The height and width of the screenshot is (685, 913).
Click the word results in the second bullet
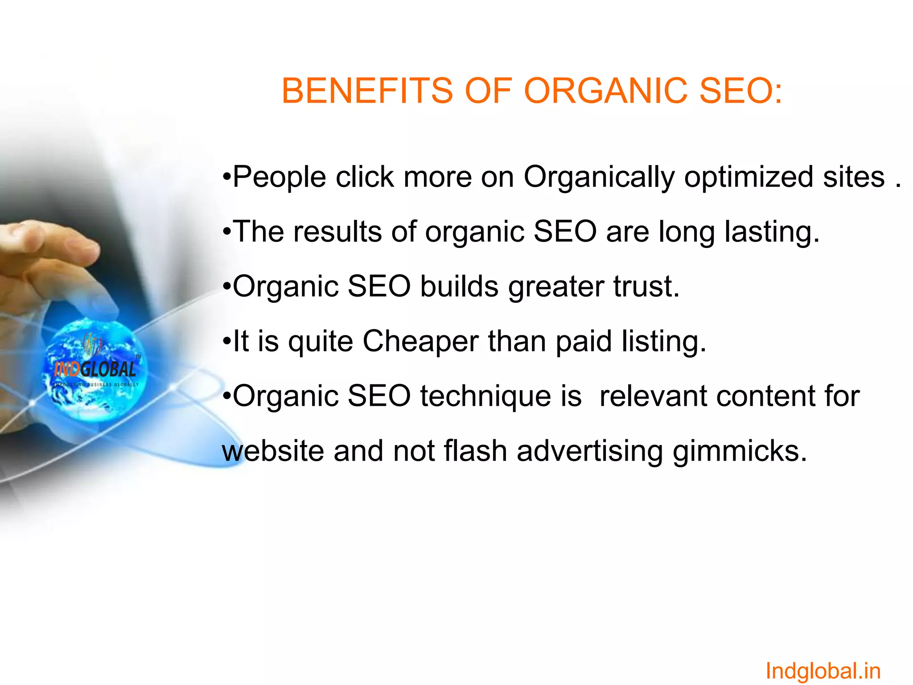click(x=337, y=232)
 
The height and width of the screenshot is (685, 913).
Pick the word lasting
click(x=772, y=232)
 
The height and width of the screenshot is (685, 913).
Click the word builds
click(x=459, y=286)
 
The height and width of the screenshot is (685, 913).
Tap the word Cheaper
click(x=420, y=342)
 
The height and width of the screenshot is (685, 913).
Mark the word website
click(x=273, y=451)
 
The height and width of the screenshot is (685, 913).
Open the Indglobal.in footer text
click(x=823, y=671)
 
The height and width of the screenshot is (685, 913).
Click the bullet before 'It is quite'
click(x=227, y=342)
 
